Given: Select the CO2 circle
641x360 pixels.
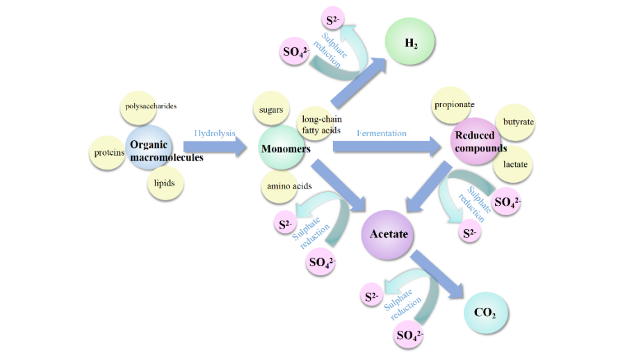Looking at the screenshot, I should click(485, 312).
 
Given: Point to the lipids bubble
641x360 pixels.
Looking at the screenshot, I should click(165, 184).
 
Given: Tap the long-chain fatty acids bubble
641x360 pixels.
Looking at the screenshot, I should click(320, 125).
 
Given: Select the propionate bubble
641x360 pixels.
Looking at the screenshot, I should click(453, 106).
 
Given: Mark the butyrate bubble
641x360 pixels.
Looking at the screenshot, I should click(518, 122).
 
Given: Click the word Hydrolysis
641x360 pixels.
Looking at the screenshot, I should click(215, 133).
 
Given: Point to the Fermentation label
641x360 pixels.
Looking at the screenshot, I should click(382, 133).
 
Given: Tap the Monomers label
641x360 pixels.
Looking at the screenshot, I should click(285, 149).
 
